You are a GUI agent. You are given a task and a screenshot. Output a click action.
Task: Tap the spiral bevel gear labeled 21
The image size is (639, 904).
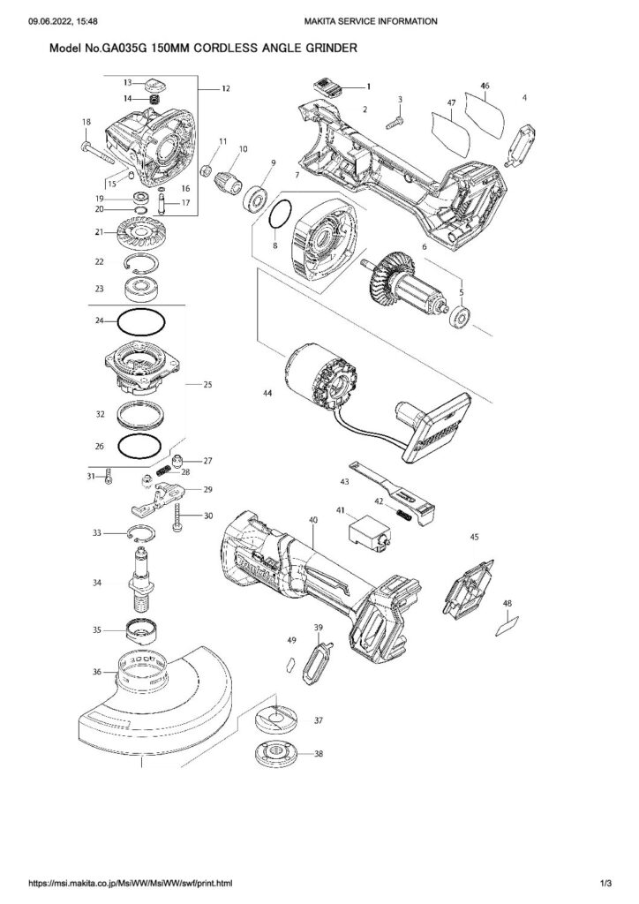coord(141,236)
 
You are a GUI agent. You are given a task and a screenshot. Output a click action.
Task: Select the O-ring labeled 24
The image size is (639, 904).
coord(140,323)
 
